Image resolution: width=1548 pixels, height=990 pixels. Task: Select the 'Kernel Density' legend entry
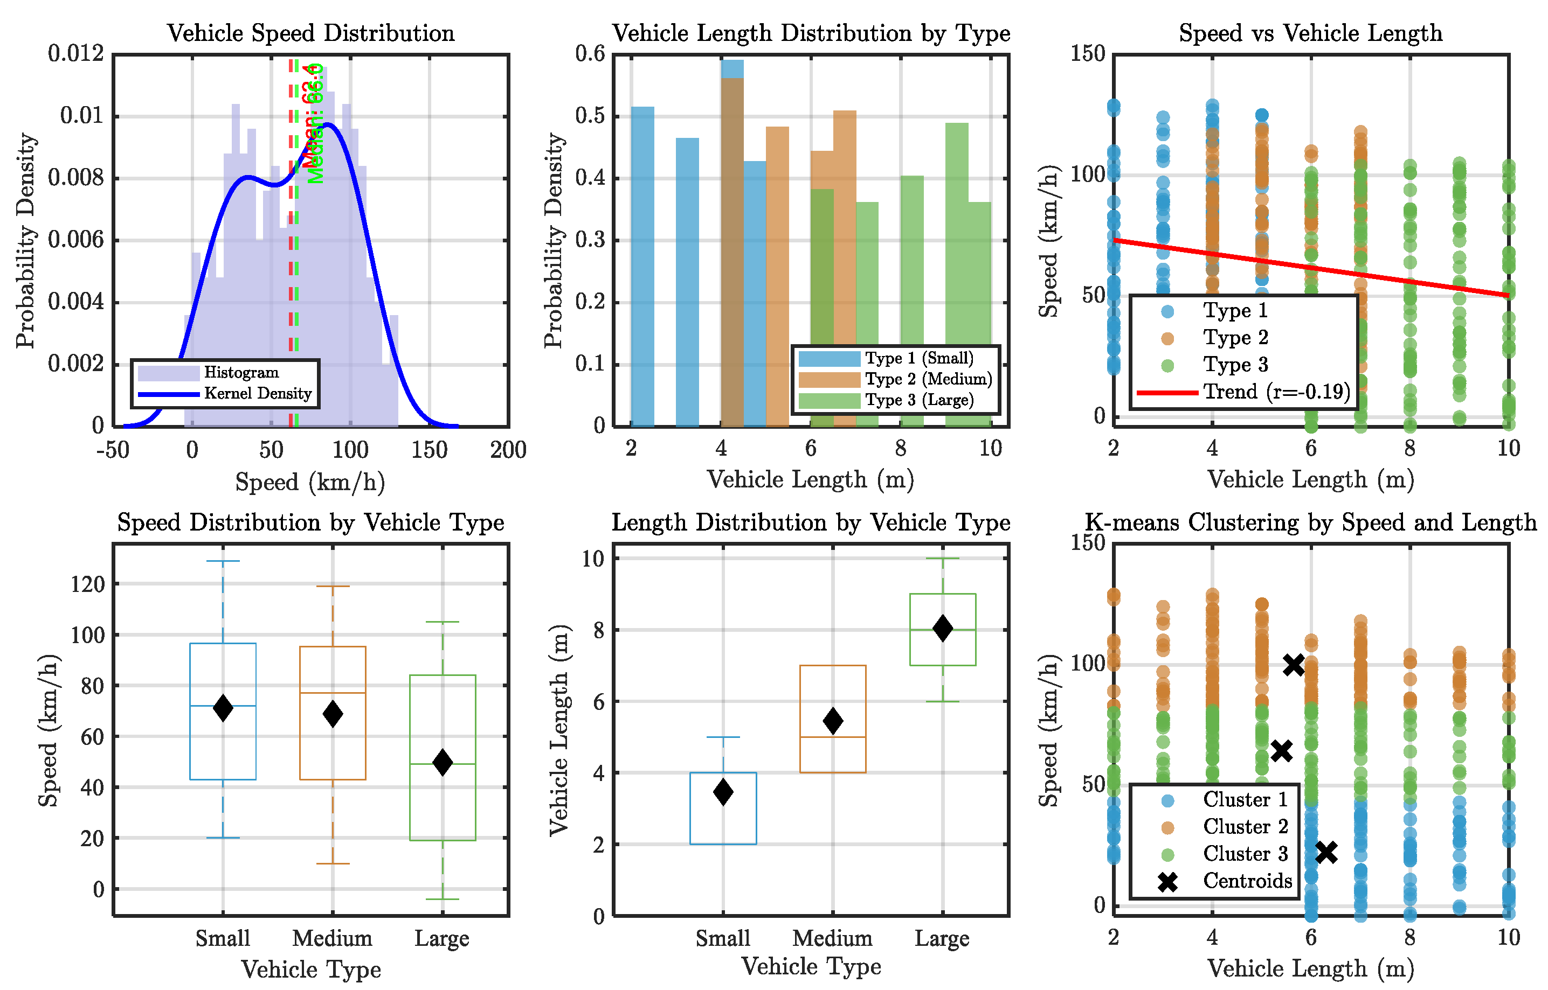257,393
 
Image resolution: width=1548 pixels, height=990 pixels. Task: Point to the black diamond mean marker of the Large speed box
443,762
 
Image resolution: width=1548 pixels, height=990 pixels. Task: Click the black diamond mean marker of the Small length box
723,791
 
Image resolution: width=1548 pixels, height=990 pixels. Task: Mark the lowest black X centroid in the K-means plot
1326,853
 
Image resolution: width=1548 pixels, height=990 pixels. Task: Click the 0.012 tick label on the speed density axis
75,53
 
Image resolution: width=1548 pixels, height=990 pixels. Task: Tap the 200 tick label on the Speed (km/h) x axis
508,450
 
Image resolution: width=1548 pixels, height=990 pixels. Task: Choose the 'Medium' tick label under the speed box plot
332,939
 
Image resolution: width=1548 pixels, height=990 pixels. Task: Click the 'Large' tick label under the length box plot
942,939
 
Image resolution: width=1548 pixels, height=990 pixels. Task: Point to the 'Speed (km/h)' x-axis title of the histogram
310,482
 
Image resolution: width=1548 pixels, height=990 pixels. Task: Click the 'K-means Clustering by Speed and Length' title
1310,522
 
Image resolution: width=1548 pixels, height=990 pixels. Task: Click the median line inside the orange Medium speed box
333,693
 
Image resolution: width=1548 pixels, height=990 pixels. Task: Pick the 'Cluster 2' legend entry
1245,827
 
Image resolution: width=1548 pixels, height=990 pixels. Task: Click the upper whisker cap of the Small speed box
223,561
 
